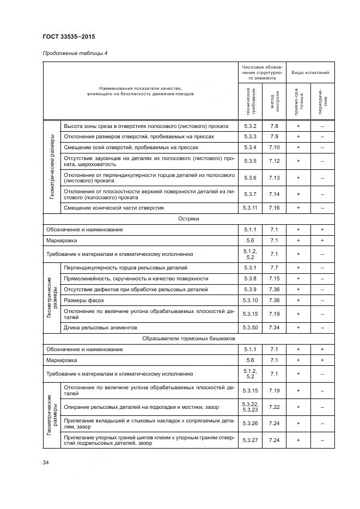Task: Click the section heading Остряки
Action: (x=188, y=218)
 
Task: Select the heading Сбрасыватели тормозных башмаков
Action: (x=188, y=338)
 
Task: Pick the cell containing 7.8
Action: (x=274, y=125)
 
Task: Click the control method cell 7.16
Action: (x=274, y=207)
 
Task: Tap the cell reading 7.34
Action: (x=274, y=327)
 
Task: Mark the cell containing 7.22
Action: (x=274, y=406)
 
